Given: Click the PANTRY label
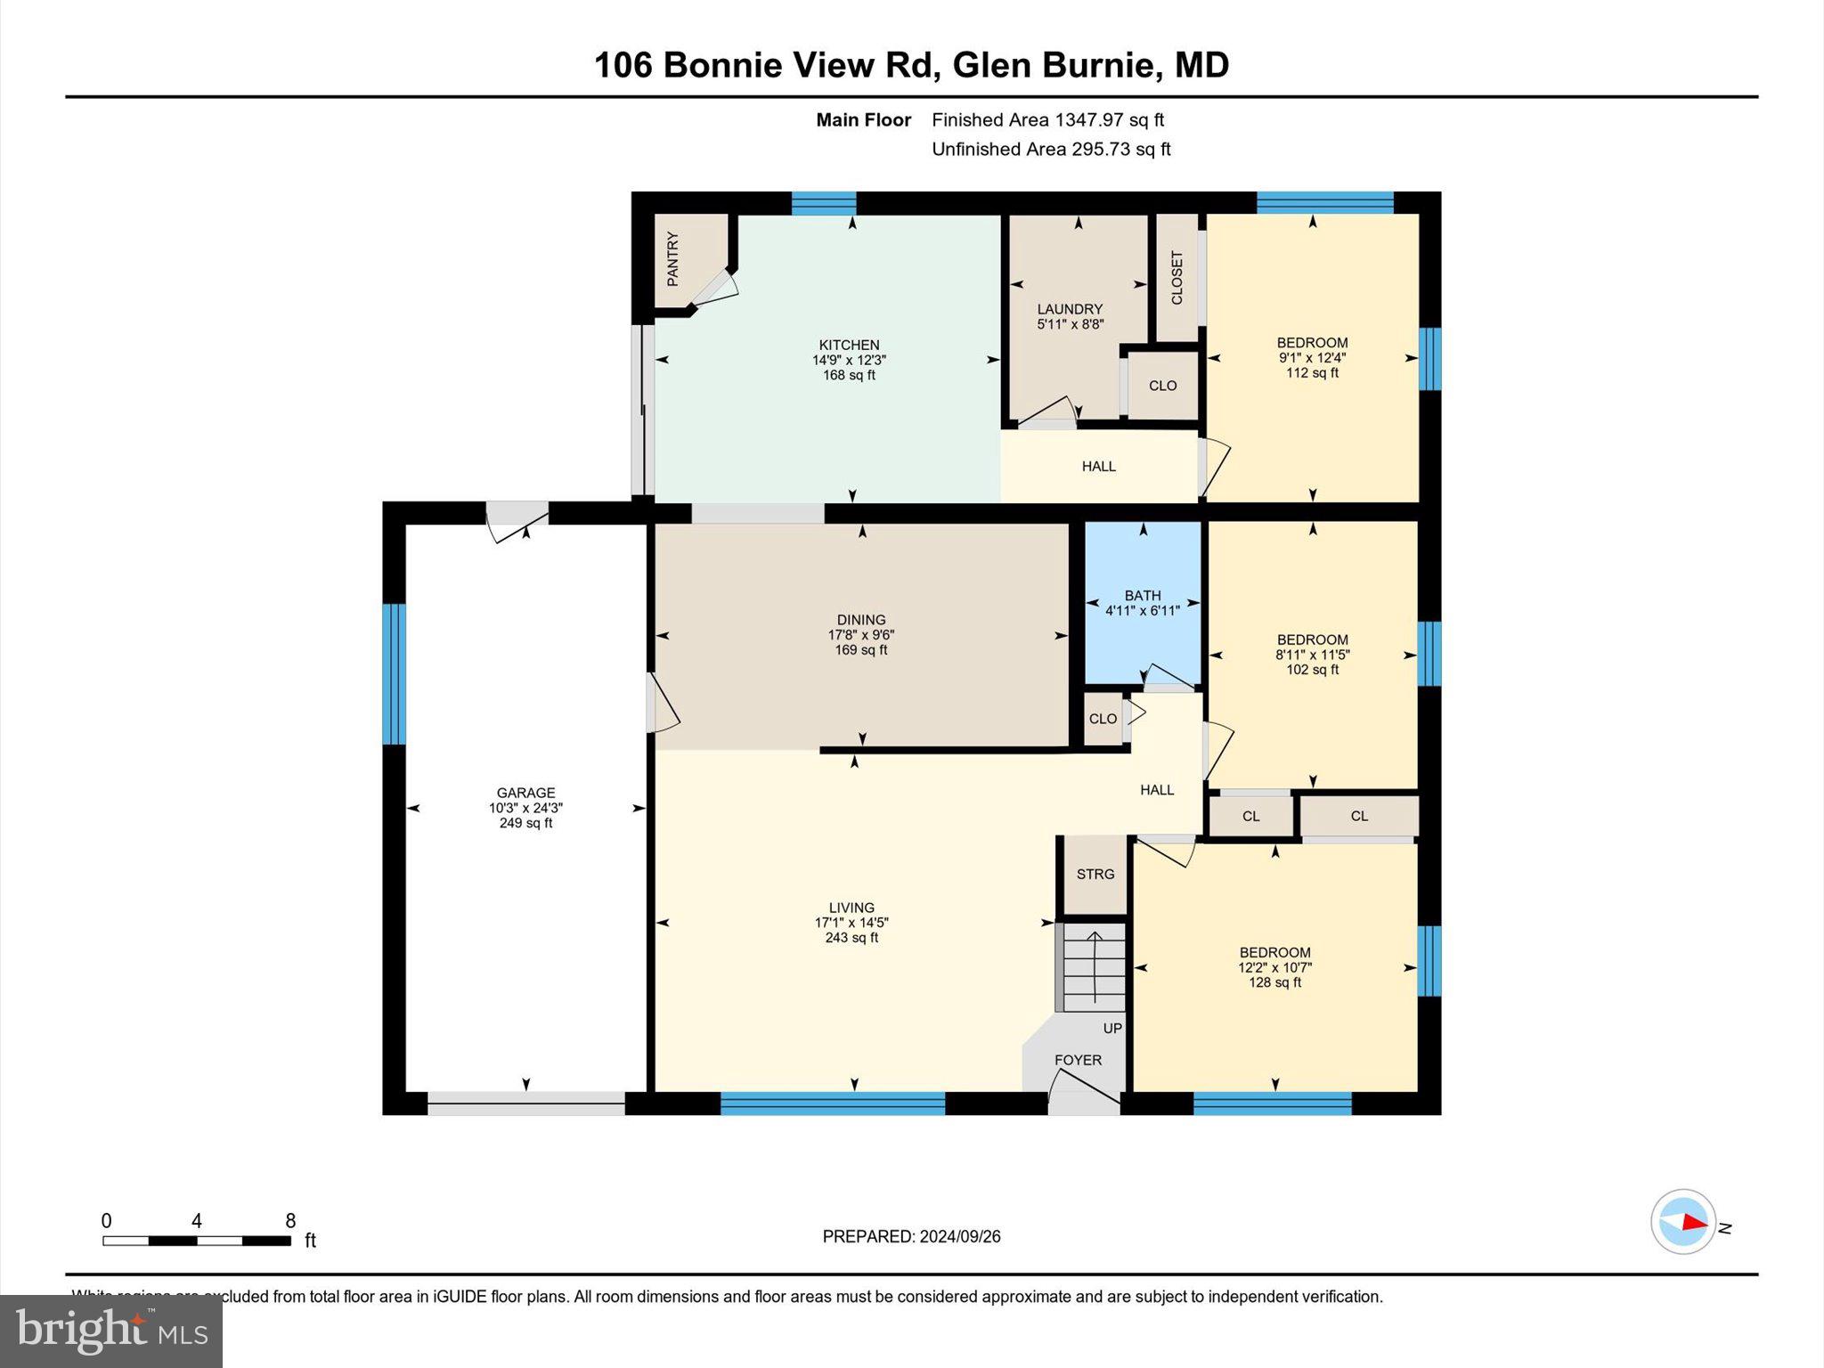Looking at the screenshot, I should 672,259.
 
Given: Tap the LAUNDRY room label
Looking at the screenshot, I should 1070,309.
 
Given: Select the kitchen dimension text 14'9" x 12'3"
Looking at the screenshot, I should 849,360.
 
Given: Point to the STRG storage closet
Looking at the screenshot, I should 1095,874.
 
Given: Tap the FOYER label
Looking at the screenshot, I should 1078,1060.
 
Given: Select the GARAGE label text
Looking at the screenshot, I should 525,793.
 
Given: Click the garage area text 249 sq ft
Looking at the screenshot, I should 525,823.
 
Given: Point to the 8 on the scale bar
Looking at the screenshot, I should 290,1221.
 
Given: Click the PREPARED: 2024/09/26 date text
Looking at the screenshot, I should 911,1236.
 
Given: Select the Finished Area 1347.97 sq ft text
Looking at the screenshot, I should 1047,119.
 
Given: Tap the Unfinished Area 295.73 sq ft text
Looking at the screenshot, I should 1051,149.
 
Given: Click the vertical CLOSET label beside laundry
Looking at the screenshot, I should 1177,277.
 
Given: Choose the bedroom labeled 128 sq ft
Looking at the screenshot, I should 1274,967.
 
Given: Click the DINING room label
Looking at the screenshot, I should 860,620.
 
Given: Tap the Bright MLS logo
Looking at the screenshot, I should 111,1331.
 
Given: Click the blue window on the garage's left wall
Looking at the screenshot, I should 394,673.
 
